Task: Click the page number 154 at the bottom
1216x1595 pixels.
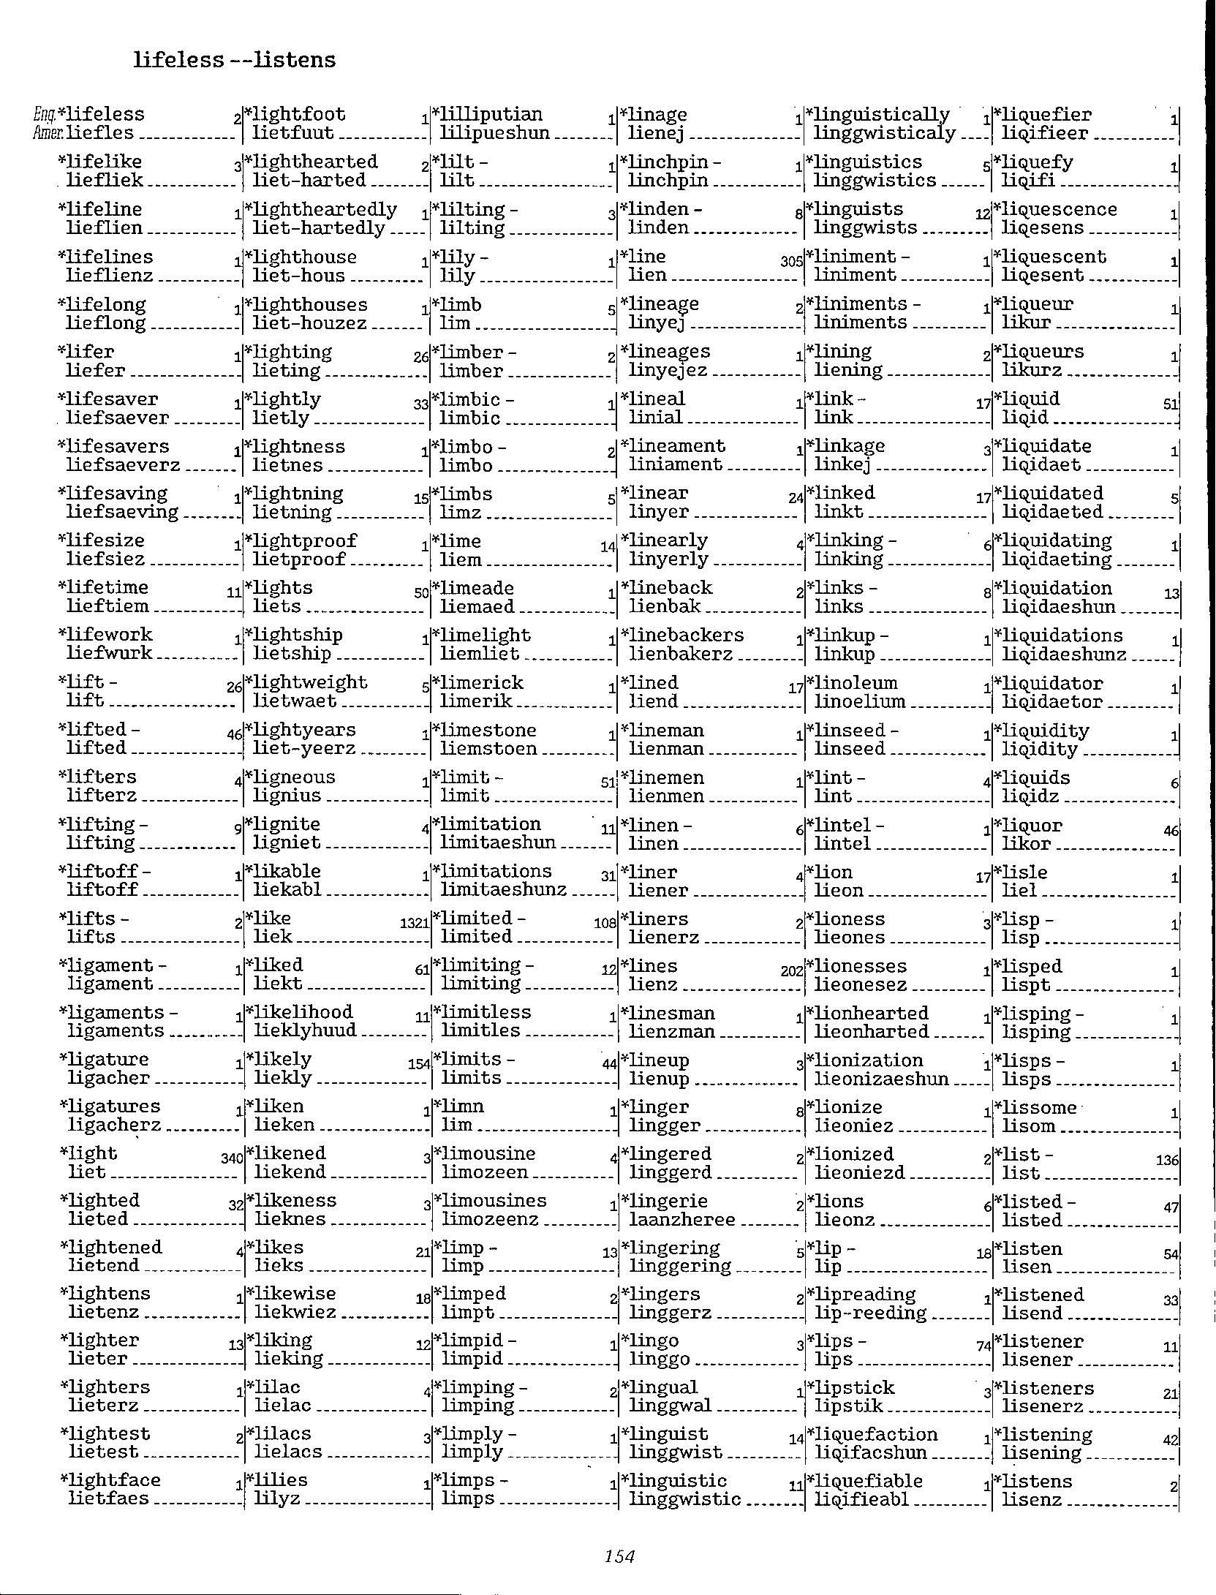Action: click(619, 1556)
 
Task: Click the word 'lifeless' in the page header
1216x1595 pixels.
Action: click(178, 60)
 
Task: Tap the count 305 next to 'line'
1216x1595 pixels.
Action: click(791, 261)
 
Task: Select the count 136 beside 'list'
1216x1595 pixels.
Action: click(1168, 1160)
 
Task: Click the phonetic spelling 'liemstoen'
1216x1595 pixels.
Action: click(488, 748)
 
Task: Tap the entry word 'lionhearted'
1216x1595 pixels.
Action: click(871, 1013)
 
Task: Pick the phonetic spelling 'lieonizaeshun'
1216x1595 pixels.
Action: click(881, 1079)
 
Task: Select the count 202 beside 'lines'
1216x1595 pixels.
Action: click(792, 971)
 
